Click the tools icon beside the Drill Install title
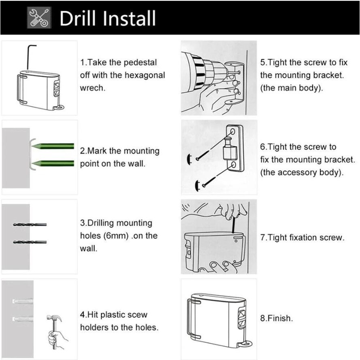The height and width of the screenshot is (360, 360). tap(39, 17)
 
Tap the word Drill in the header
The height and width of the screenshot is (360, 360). tap(77, 18)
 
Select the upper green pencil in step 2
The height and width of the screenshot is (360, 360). tap(53, 146)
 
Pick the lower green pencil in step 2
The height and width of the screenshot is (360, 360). tap(53, 163)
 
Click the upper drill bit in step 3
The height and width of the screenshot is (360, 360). tap(30, 224)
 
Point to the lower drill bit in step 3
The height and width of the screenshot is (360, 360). tap(30, 242)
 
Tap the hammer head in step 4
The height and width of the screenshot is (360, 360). tap(54, 318)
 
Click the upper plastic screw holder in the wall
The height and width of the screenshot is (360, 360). tap(23, 301)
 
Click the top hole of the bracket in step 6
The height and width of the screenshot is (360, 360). tap(233, 131)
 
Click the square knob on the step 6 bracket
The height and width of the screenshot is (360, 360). tap(230, 152)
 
